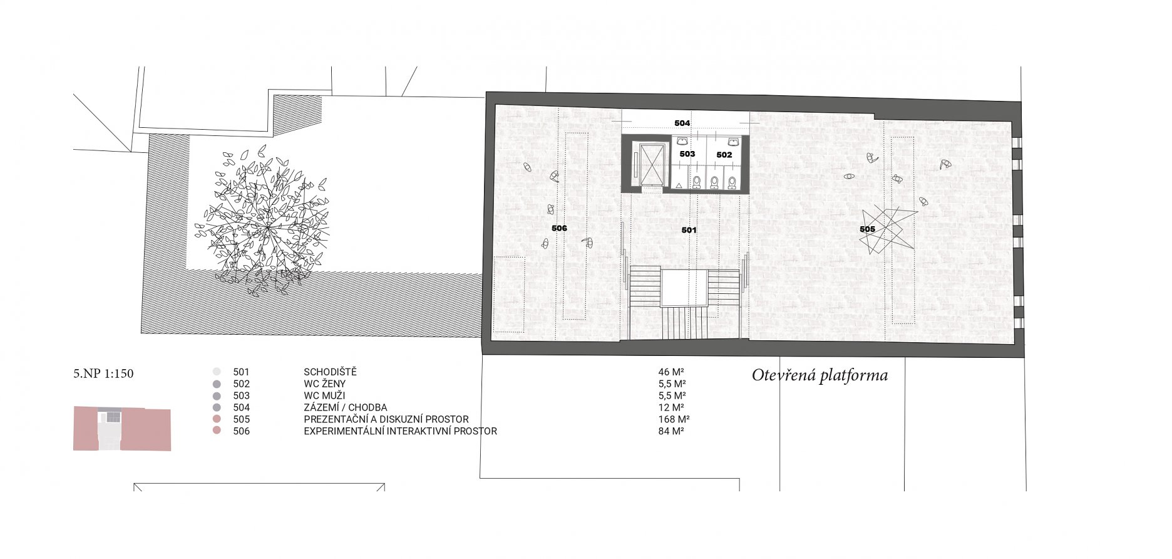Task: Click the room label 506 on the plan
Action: (x=559, y=228)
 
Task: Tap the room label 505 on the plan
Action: (x=867, y=229)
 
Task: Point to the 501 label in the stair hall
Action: (x=689, y=230)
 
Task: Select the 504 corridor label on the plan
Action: (x=682, y=123)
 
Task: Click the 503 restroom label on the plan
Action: (x=687, y=154)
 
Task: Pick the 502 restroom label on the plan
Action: (x=724, y=155)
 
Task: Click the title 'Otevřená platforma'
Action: (x=820, y=375)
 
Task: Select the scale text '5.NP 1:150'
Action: (x=103, y=374)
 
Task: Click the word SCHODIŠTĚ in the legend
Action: (x=330, y=372)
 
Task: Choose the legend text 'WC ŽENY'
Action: (x=324, y=384)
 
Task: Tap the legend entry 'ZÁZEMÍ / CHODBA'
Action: (x=345, y=407)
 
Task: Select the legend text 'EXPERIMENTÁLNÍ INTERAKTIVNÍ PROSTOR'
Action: (x=400, y=431)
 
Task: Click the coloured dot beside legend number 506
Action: (x=217, y=431)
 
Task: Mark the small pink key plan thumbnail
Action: (x=122, y=429)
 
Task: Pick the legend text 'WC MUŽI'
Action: (x=324, y=395)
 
